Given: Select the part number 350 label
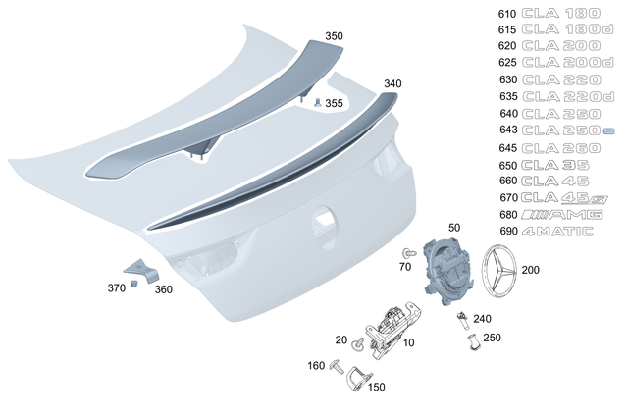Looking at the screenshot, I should tap(335, 36).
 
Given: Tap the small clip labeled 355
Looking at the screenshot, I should tap(318, 101).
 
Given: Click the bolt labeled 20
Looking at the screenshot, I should tap(359, 343).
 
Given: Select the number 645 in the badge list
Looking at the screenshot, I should tap(507, 147).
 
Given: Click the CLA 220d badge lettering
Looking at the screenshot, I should tap(569, 96).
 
